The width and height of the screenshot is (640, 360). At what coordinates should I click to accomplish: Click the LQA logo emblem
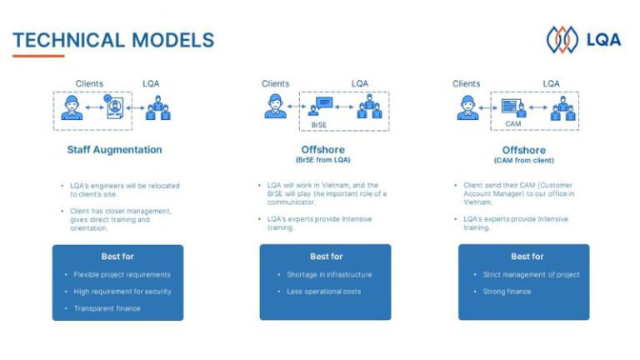click(x=562, y=40)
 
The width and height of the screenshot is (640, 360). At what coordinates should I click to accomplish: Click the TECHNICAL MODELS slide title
click(x=113, y=40)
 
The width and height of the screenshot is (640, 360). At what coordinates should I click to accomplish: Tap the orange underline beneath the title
click(x=38, y=56)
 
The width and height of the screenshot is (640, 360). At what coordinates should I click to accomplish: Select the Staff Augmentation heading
click(x=114, y=150)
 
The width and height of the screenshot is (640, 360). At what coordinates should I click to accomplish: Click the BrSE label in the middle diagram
click(x=319, y=125)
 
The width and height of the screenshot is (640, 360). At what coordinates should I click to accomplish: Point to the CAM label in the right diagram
click(x=513, y=123)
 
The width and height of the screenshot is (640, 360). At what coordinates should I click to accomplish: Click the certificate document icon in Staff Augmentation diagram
click(x=114, y=107)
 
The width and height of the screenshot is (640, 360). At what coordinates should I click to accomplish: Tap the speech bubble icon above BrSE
click(x=325, y=102)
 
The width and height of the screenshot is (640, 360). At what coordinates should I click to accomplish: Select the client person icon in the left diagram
click(x=72, y=107)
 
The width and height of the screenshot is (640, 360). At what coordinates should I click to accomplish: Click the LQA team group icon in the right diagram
click(x=562, y=108)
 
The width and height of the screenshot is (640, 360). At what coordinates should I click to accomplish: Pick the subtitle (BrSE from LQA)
click(x=322, y=160)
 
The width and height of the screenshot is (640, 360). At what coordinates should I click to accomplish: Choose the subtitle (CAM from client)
click(x=524, y=160)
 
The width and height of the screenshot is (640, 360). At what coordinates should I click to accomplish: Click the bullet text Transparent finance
click(x=107, y=308)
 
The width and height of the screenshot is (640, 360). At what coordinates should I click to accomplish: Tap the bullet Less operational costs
click(x=323, y=292)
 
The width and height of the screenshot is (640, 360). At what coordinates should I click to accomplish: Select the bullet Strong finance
click(x=507, y=292)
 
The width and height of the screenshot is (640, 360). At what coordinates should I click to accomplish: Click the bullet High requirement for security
click(x=122, y=292)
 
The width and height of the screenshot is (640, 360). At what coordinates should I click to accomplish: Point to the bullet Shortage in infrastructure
click(x=329, y=275)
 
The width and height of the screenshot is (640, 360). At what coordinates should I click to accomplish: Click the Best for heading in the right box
click(x=527, y=257)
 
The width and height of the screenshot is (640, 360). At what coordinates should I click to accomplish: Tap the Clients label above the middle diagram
click(x=276, y=83)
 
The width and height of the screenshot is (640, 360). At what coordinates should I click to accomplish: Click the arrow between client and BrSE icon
click(x=297, y=107)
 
